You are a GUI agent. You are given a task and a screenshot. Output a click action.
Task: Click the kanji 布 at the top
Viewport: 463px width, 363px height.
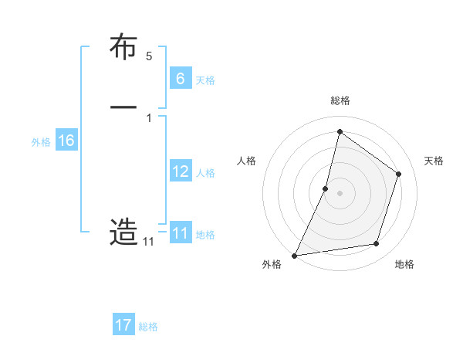click(x=124, y=49)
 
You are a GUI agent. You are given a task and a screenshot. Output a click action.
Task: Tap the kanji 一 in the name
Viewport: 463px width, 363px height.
click(x=124, y=108)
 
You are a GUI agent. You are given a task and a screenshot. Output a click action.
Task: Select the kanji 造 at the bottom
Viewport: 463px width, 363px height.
click(x=124, y=232)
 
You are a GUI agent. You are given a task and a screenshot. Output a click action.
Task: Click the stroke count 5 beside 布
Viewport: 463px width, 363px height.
click(x=149, y=56)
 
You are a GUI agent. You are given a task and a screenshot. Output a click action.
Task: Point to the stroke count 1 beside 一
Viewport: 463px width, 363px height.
click(x=149, y=118)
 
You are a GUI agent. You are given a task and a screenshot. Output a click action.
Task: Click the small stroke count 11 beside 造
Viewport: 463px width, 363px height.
click(x=148, y=242)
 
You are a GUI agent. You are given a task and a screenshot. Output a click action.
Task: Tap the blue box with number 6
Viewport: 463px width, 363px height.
click(x=181, y=78)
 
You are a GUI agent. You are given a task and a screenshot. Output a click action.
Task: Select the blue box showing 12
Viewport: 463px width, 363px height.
click(x=181, y=171)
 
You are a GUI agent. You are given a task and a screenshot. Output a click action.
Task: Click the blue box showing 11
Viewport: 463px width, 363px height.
click(x=181, y=233)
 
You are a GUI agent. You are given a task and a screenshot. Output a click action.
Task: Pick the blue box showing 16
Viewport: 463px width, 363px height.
click(x=66, y=141)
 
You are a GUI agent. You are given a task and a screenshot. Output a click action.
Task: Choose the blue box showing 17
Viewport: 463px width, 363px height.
click(x=123, y=325)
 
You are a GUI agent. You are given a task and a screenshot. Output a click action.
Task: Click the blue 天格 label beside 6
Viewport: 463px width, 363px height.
click(x=205, y=80)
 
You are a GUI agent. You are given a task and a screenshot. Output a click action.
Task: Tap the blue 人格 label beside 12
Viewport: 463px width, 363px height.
click(x=206, y=173)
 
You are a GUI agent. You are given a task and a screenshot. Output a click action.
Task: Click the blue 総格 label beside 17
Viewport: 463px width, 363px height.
click(x=148, y=327)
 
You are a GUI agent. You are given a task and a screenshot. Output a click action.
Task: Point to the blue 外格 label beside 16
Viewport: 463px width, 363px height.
click(x=41, y=142)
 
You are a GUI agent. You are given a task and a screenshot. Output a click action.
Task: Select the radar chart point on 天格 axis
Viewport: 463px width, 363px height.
click(x=399, y=174)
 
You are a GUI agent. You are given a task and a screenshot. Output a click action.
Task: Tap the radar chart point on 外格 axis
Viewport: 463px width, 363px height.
click(x=294, y=256)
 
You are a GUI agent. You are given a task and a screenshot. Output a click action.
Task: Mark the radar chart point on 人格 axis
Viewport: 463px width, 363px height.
click(x=326, y=188)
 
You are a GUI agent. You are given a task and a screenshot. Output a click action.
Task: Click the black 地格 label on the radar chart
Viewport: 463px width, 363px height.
click(x=404, y=264)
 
